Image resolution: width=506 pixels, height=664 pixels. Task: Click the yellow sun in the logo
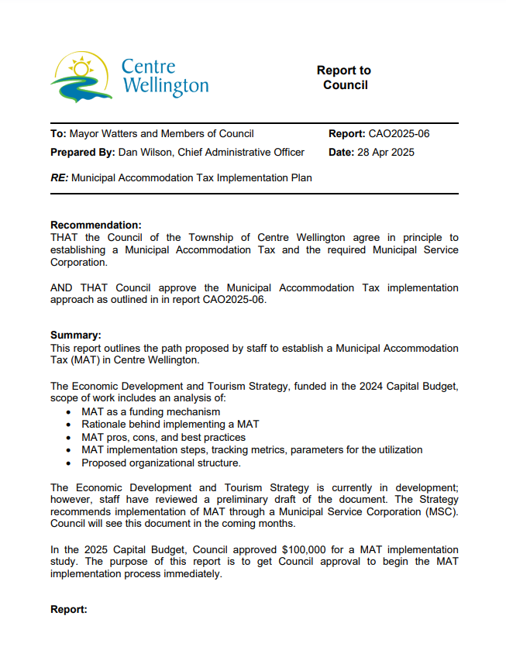(79, 68)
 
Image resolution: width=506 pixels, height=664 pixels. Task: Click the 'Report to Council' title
(345, 77)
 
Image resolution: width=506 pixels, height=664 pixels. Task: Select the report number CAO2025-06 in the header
(399, 133)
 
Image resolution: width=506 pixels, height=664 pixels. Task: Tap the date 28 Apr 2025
(385, 152)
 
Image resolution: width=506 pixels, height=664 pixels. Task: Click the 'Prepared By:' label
(82, 152)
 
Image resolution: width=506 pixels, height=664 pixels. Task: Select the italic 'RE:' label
(59, 177)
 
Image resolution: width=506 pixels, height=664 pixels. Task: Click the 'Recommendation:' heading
(95, 225)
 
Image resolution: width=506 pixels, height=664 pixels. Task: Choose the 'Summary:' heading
(76, 335)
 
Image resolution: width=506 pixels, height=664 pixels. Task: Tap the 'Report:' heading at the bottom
(68, 609)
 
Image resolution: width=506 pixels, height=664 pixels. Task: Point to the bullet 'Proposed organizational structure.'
(161, 463)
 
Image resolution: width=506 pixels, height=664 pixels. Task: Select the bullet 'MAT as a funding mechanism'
(150, 412)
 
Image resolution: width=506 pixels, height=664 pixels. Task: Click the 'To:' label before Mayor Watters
(58, 133)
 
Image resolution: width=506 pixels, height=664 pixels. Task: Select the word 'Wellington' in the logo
(165, 85)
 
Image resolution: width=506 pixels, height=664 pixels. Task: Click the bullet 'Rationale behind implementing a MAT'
(170, 425)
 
